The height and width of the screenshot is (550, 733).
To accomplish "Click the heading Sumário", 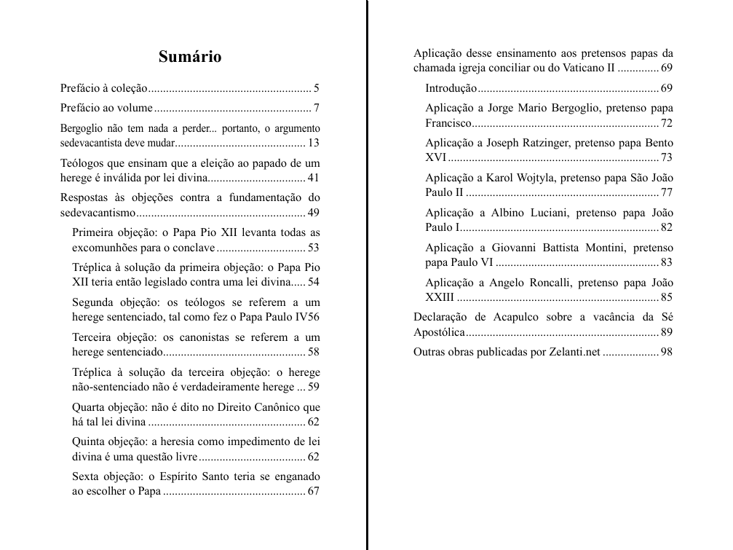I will pos(190,57).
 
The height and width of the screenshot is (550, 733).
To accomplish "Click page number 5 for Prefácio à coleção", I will pos(317,89).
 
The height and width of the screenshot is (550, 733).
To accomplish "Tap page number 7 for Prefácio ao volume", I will pos(317,109).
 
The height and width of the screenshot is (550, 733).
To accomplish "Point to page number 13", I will pos(314,143).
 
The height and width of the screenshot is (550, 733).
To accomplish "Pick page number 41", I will pos(314,178).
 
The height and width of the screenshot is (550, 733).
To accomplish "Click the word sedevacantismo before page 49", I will pos(98,213).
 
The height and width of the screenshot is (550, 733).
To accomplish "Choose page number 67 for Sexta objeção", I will pos(314,491).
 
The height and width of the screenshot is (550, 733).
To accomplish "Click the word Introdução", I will pos(451,88).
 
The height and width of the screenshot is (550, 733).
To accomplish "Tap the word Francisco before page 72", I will pos(448,123).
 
